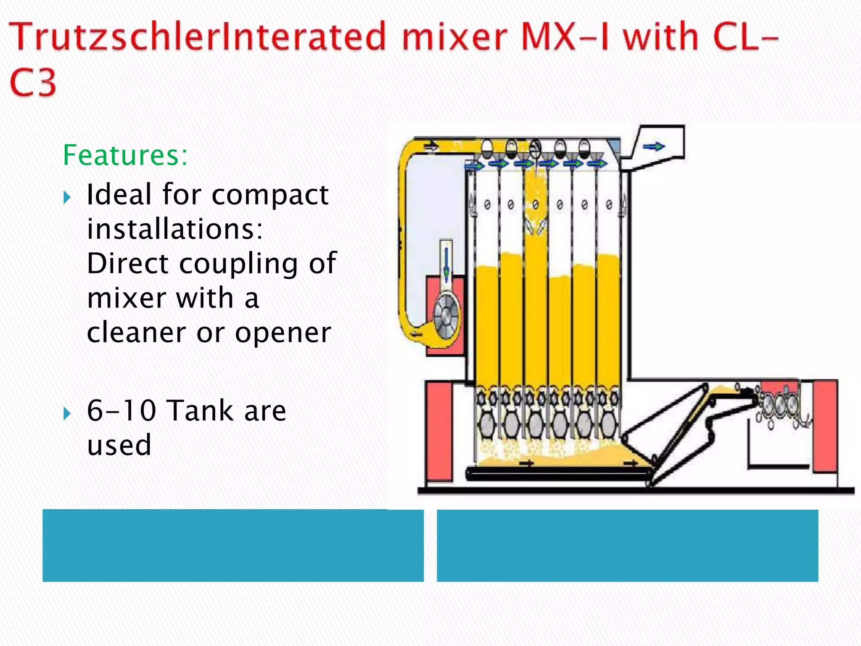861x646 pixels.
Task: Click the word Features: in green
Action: click(x=125, y=155)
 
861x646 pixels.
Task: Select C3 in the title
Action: click(x=33, y=82)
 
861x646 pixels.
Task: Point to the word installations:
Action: click(x=175, y=229)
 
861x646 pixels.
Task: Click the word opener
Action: click(x=283, y=333)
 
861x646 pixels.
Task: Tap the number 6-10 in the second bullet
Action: click(x=121, y=410)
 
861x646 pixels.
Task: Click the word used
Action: click(x=119, y=445)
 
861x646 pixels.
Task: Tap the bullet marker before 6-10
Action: click(x=67, y=413)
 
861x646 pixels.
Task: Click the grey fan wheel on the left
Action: click(x=447, y=317)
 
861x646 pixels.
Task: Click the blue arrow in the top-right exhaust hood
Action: click(x=654, y=146)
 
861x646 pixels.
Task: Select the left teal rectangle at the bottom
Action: click(x=233, y=545)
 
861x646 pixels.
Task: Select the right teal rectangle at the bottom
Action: click(x=627, y=545)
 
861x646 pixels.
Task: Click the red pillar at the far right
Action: click(x=824, y=426)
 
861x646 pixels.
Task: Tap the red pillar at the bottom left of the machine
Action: click(x=439, y=431)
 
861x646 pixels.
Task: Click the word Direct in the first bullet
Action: click(x=127, y=264)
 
